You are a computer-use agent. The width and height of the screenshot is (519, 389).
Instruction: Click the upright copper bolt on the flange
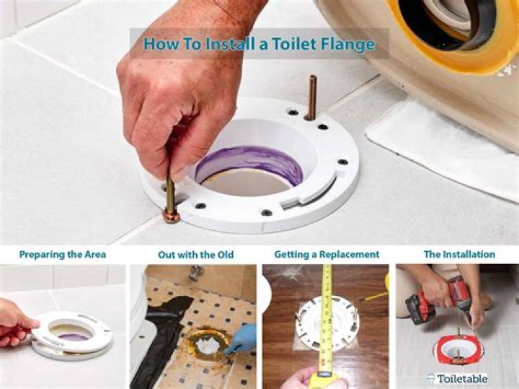click(x=311, y=97)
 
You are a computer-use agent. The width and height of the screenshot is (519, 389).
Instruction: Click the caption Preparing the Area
click(x=63, y=255)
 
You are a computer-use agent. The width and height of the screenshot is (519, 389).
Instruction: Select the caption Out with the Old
click(x=195, y=255)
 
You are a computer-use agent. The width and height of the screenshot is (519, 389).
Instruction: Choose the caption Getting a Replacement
click(x=327, y=255)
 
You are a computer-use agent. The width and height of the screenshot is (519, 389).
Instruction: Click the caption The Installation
click(x=459, y=255)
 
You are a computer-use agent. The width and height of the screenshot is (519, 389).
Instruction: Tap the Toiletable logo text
click(x=461, y=378)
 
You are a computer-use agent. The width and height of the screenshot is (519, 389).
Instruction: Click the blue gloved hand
click(x=241, y=338)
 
